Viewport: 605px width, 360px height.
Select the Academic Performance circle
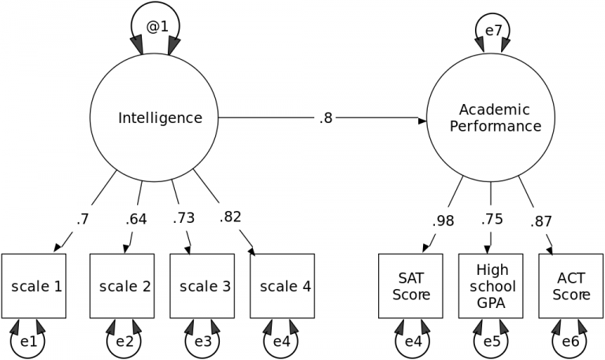click(x=491, y=119)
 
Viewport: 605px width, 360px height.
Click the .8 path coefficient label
click(x=326, y=119)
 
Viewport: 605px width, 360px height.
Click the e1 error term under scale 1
click(x=28, y=342)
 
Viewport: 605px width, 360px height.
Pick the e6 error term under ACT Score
click(x=571, y=342)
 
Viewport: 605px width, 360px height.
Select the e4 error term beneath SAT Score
click(x=411, y=342)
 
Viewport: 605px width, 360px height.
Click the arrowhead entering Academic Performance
click(x=421, y=120)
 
